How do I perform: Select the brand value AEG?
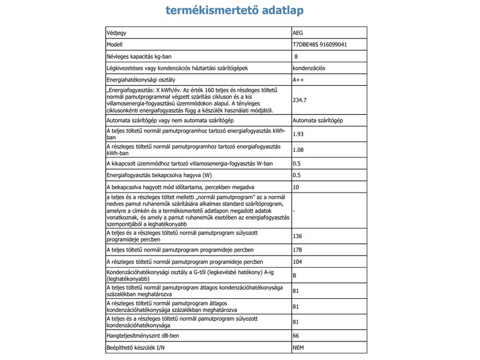pyautogui.click(x=298, y=32)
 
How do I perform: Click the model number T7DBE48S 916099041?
pyautogui.click(x=320, y=44)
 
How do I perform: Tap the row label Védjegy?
pyautogui.click(x=116, y=32)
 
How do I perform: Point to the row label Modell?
pyautogui.click(x=114, y=44)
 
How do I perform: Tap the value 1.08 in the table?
pyautogui.click(x=298, y=150)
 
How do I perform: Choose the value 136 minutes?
pyautogui.click(x=297, y=236)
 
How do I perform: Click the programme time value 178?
pyautogui.click(x=297, y=250)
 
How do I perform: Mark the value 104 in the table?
pyautogui.click(x=297, y=262)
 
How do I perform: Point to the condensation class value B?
pyautogui.click(x=295, y=277)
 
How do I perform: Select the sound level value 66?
pyautogui.click(x=296, y=336)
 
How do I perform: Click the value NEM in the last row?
pyautogui.click(x=298, y=348)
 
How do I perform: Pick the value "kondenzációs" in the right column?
pyautogui.click(x=309, y=68)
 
